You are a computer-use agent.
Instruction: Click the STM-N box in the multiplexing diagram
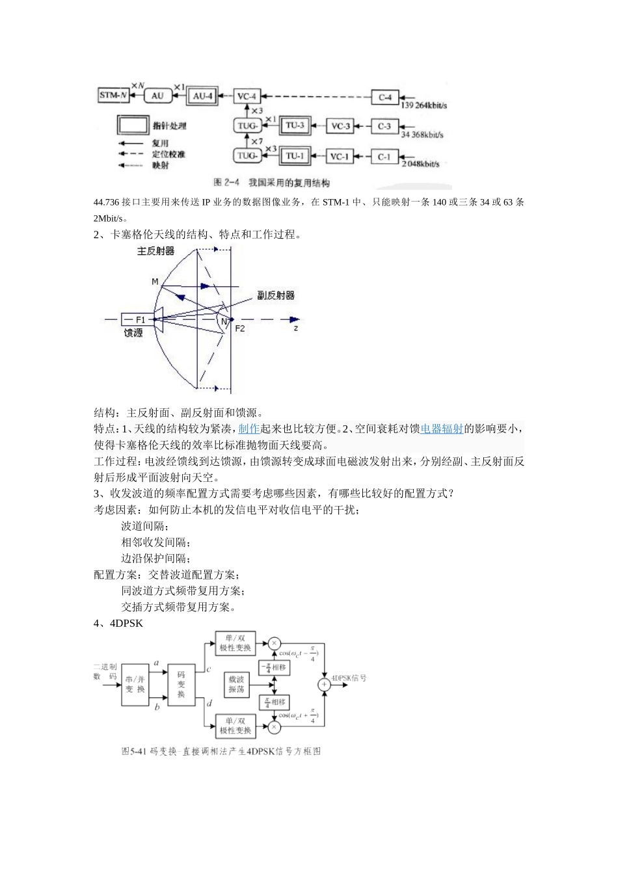coord(113,96)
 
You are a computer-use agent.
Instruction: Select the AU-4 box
coord(203,96)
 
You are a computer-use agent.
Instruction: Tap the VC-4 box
coord(247,96)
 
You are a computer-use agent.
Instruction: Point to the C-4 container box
coord(384,97)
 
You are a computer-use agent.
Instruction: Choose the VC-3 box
coord(339,126)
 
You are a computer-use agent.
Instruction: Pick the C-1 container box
coord(384,156)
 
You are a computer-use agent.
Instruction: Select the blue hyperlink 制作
coord(249,429)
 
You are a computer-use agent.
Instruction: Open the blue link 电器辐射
coord(442,429)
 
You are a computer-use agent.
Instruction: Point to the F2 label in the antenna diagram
coord(240,328)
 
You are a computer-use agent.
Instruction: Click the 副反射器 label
coord(275,295)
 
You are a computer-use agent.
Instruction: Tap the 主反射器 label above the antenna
coord(155,250)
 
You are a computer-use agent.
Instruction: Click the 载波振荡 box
coord(237,684)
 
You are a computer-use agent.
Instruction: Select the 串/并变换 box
coord(135,684)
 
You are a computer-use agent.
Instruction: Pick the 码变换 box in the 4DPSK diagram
coord(181,684)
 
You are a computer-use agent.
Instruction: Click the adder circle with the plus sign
coord(323,684)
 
